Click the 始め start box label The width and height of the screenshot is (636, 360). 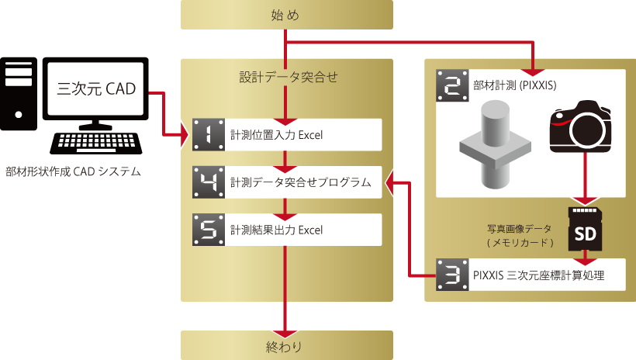pyautogui.click(x=286, y=15)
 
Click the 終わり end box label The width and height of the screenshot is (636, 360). pyautogui.click(x=286, y=346)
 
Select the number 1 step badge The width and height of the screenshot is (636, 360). pyautogui.click(x=208, y=135)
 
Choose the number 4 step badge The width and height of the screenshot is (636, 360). pyautogui.click(x=208, y=182)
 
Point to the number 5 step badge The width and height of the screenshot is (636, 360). pyautogui.click(x=208, y=230)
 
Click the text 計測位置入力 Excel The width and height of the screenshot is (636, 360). pyautogui.click(x=276, y=136)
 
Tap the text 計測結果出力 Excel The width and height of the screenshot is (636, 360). pyautogui.click(x=276, y=230)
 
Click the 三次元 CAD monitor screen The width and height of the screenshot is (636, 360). pyautogui.click(x=96, y=89)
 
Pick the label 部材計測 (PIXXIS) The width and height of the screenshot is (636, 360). pyautogui.click(x=510, y=84)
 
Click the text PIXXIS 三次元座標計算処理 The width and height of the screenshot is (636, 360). pyautogui.click(x=537, y=275)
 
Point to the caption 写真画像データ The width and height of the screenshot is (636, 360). pyautogui.click(x=519, y=229)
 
